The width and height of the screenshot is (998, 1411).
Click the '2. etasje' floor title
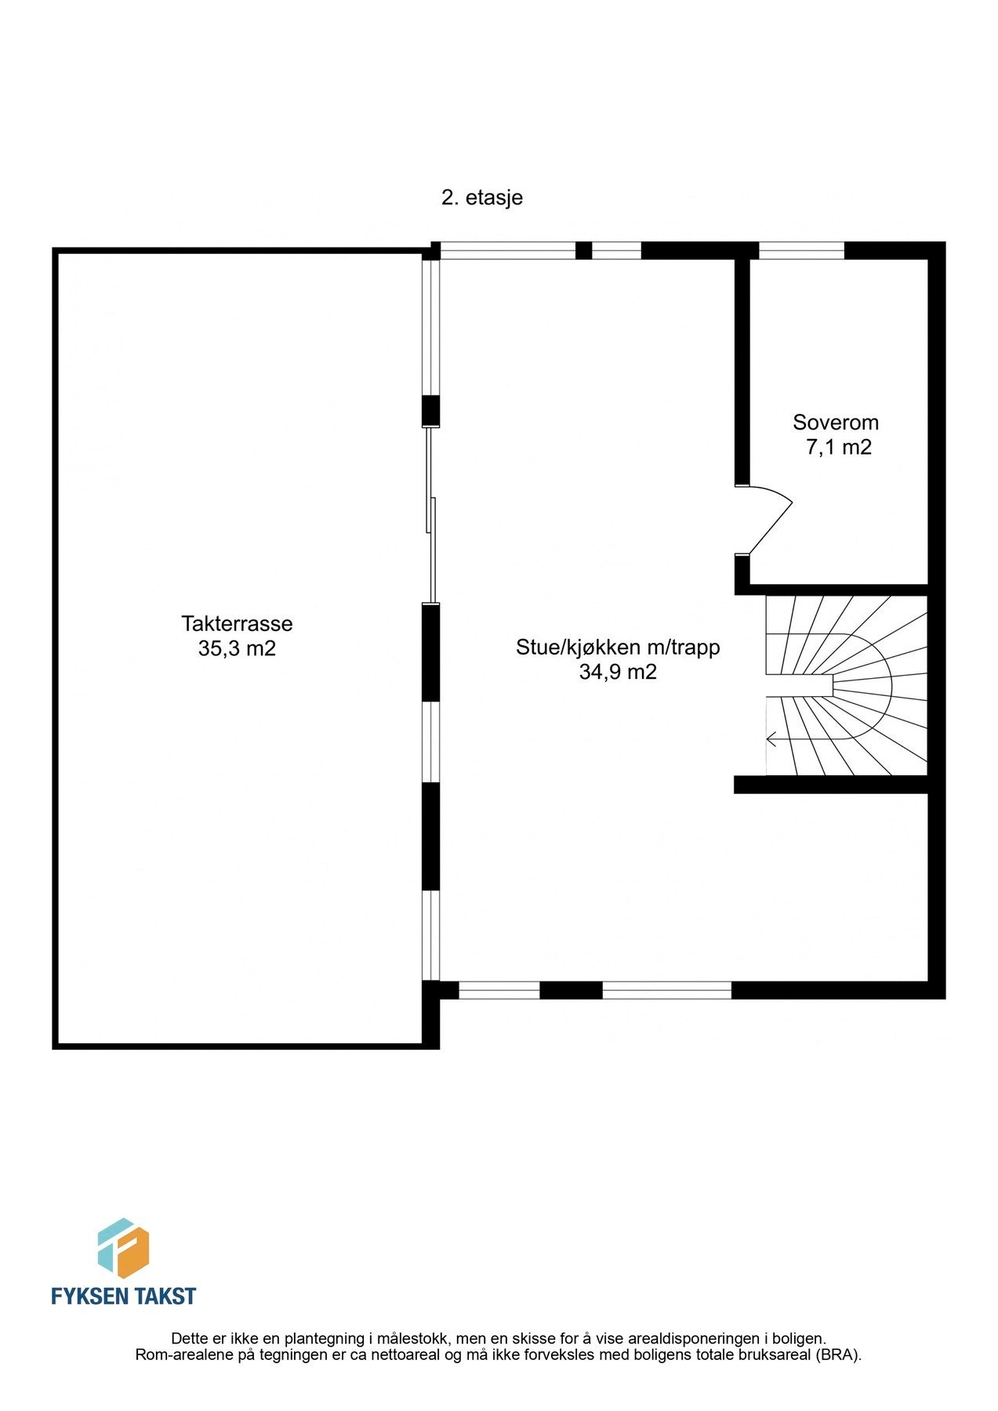[x=481, y=198]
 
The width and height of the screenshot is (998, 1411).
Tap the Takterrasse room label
[x=237, y=624]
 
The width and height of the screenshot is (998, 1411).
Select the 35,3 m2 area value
[x=237, y=649]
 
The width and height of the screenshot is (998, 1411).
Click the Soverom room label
[x=836, y=423]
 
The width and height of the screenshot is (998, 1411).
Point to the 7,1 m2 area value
[x=839, y=448]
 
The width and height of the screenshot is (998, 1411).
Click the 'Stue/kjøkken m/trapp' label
[x=618, y=647]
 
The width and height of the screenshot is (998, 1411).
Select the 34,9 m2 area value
[x=618, y=673]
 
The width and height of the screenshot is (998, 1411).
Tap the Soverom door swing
[x=768, y=519]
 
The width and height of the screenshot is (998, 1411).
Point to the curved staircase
[x=847, y=686]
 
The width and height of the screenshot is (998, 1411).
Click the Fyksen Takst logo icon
[x=123, y=1248]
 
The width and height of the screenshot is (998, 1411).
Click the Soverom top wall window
[x=801, y=251]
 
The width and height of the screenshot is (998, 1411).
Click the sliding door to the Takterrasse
[x=430, y=515]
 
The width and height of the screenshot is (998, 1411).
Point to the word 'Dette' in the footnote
[x=190, y=1338]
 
